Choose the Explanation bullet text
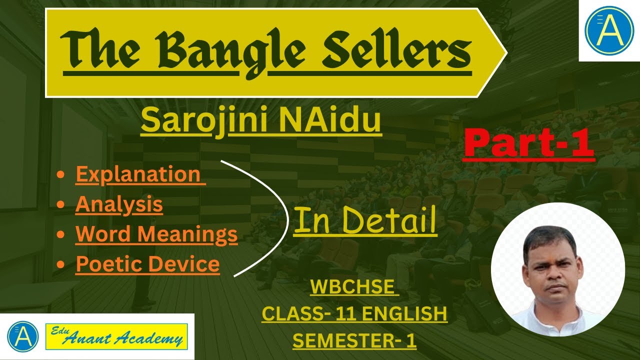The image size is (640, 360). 140,174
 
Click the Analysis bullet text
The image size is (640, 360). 119,204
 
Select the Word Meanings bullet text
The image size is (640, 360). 156,233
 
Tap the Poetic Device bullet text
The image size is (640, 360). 147,263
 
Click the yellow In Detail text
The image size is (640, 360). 364,221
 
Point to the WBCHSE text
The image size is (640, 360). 353,287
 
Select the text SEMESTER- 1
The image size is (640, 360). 354,340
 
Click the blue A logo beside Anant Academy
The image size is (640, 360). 23,336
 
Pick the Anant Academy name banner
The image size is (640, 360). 116,336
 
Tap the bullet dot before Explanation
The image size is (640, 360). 60,174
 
